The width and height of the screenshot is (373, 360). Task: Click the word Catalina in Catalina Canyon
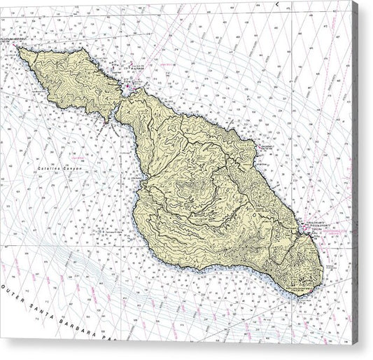[x=51, y=169]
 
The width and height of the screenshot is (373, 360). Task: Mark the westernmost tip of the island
[x=19, y=48]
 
